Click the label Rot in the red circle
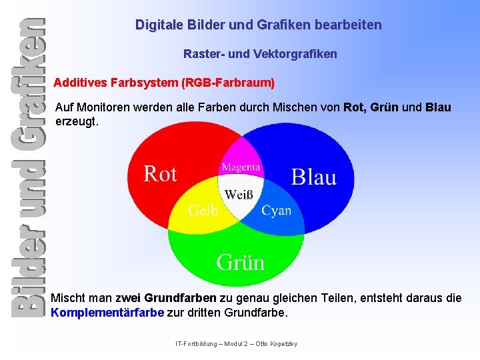coord(160,175)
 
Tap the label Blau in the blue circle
coord(313,177)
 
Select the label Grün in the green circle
coord(240,262)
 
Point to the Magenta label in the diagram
coord(241,167)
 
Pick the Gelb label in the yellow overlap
coord(203,211)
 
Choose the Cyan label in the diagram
coord(276,211)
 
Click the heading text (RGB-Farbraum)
coord(228,83)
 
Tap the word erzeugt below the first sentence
coord(77,122)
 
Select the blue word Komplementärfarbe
coord(107,312)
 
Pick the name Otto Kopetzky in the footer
coord(277,343)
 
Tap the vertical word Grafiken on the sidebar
coord(27,73)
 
